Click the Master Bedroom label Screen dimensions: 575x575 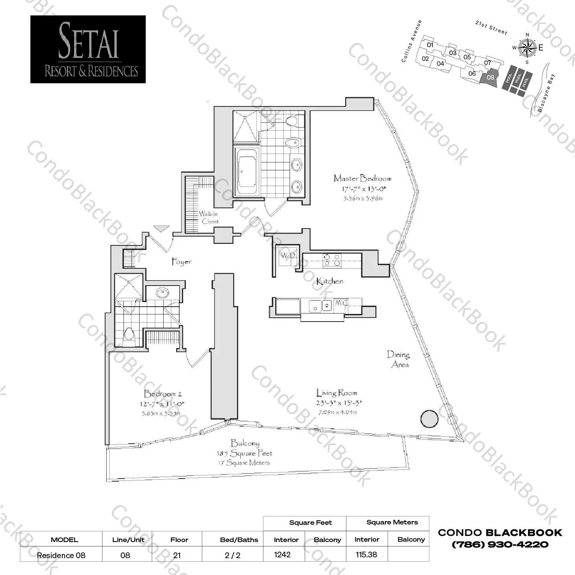pos(362,178)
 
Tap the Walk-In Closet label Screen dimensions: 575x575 pos(209,217)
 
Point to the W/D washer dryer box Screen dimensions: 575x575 pos(287,255)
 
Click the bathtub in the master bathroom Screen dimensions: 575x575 pos(247,172)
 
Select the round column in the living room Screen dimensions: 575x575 pos(429,419)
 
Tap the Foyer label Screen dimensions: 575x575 pos(181,262)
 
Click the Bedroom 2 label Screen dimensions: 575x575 pos(162,394)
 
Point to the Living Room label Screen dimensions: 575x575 pos(336,393)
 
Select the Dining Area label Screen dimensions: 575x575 pos(398,359)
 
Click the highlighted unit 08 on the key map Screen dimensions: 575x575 pos(490,77)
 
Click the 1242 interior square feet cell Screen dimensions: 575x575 pos(283,554)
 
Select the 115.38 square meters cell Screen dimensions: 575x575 pos(366,554)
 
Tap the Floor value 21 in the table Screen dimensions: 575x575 pos(177,555)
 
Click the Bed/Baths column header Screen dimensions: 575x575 pos(239,540)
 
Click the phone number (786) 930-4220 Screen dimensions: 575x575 pos(500,544)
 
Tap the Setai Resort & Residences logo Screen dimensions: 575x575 pos(88,49)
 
